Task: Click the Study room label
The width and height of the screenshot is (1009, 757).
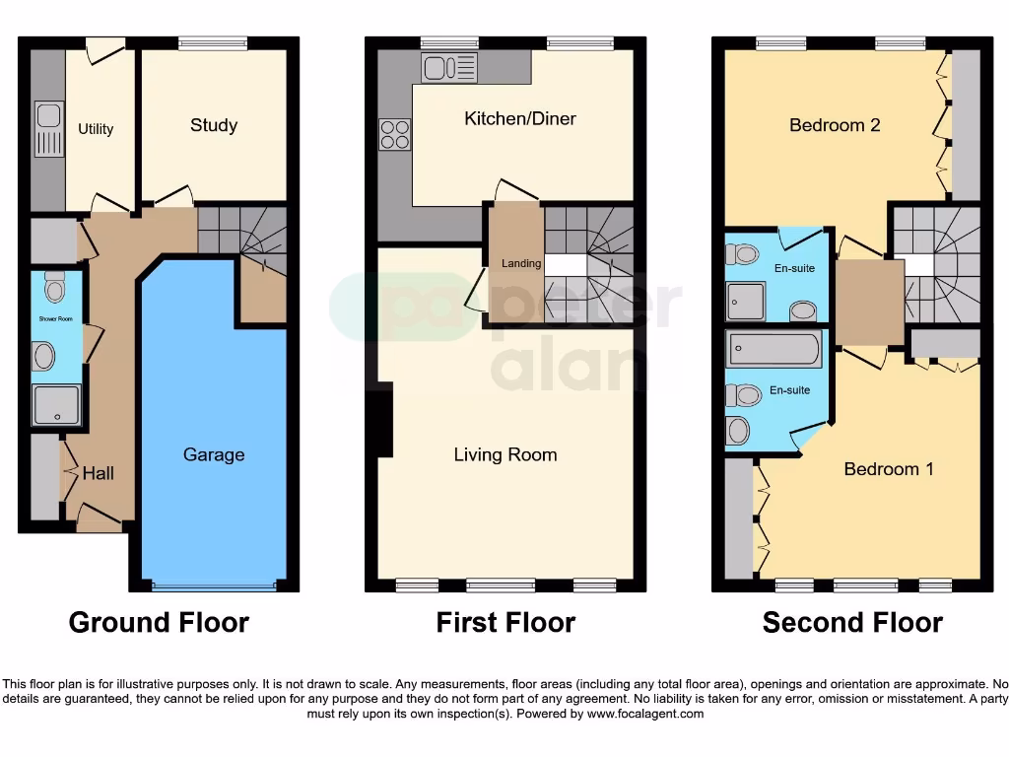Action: [214, 125]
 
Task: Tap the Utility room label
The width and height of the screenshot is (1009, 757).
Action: [96, 129]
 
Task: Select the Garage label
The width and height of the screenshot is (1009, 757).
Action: [214, 454]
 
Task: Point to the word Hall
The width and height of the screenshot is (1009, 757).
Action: [98, 473]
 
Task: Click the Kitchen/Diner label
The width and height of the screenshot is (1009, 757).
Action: [520, 118]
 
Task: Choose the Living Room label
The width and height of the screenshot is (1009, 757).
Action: [505, 454]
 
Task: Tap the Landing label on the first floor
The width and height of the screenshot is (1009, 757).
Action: [521, 263]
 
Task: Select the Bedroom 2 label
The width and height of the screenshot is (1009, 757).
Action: [835, 125]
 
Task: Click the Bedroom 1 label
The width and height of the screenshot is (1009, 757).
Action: [889, 469]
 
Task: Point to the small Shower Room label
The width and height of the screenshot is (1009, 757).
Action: [56, 319]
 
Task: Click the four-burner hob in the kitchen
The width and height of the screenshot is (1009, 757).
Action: [395, 134]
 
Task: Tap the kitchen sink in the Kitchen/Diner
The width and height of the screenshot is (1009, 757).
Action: [449, 67]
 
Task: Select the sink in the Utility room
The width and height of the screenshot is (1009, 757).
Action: [46, 129]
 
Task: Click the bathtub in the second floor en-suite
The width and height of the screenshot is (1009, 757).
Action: [774, 349]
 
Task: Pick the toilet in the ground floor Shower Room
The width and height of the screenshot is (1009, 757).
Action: [54, 286]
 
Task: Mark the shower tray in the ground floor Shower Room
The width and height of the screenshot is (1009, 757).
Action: [56, 404]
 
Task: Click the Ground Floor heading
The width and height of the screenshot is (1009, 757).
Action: [159, 623]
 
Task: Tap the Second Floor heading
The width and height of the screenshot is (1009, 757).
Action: [852, 623]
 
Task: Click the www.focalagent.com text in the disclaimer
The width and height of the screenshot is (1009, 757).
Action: [644, 714]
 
